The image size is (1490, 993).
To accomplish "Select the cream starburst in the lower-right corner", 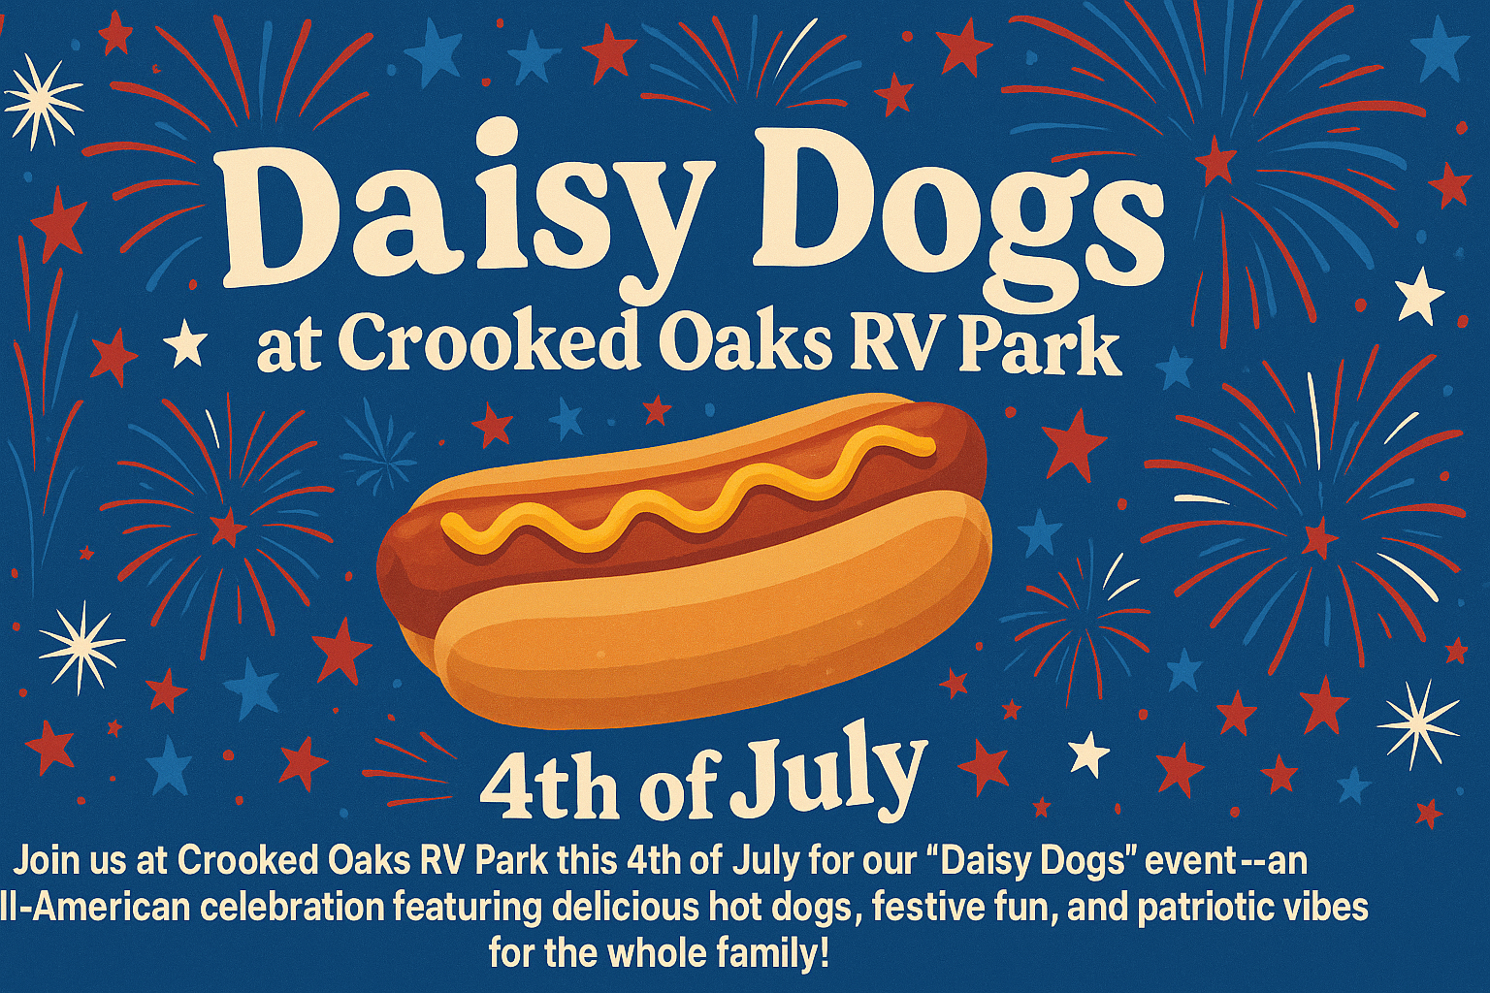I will [1418, 722].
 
